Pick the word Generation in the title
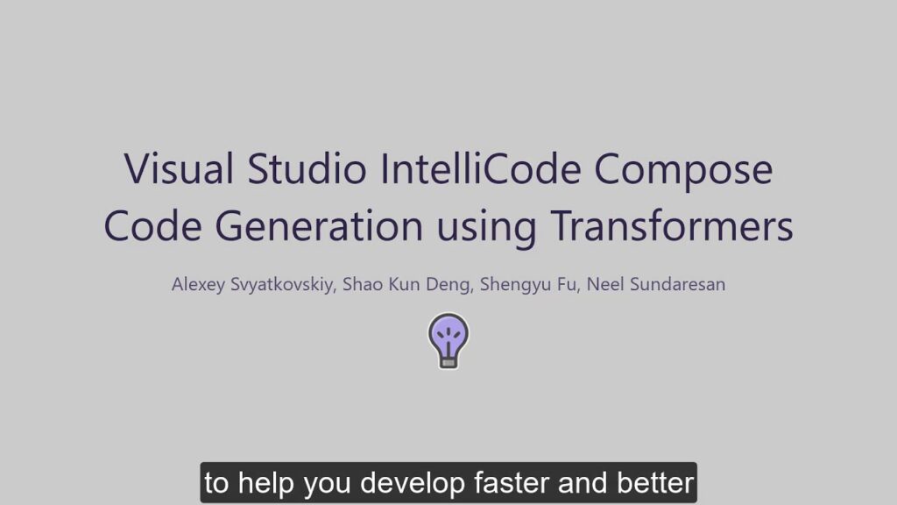point(319,225)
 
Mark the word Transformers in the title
point(671,225)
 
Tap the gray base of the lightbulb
point(448,359)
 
